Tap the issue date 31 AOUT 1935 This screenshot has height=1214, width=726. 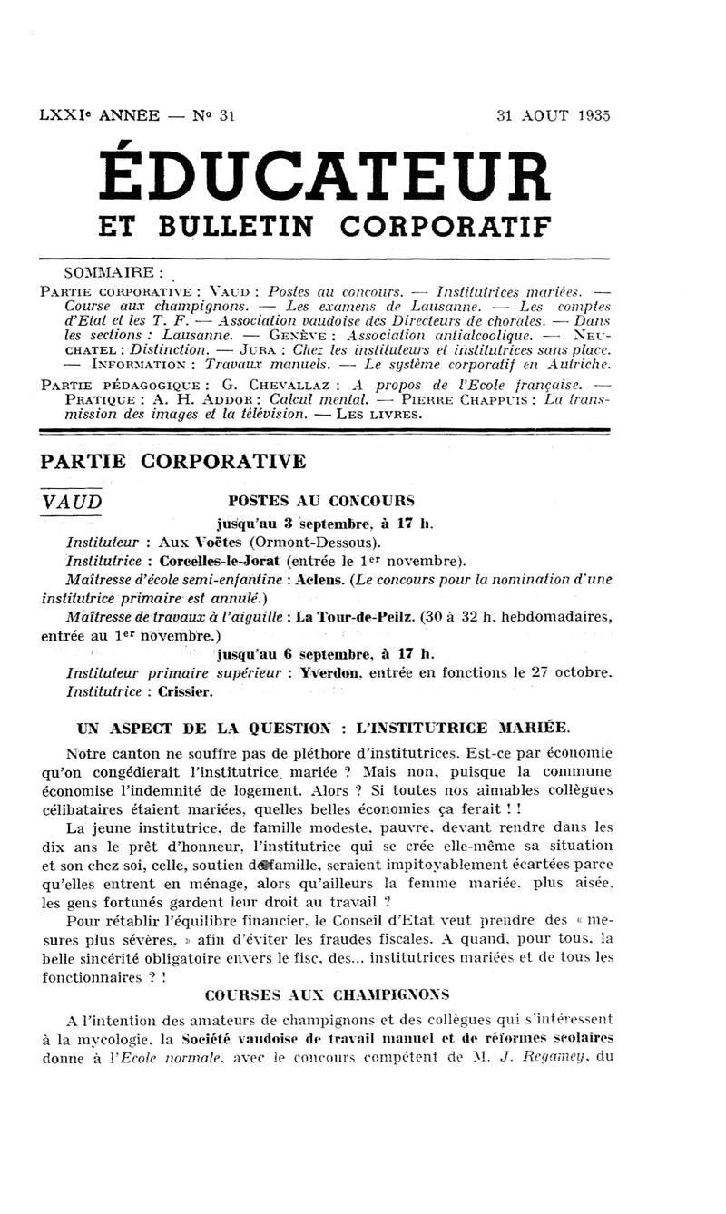tap(554, 115)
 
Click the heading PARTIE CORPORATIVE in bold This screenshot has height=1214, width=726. tap(173, 462)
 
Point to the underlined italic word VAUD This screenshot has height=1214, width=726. tap(73, 503)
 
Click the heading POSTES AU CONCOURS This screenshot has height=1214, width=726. tap(321, 500)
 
